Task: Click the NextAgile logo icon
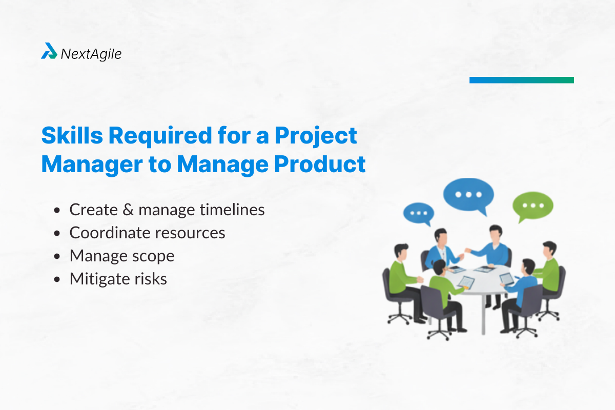pyautogui.click(x=49, y=51)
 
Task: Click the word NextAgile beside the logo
pyautogui.click(x=91, y=54)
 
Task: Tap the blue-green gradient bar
pyautogui.click(x=521, y=80)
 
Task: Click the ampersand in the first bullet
pyautogui.click(x=127, y=210)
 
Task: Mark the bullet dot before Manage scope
pyautogui.click(x=58, y=256)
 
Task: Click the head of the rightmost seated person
pyautogui.click(x=550, y=248)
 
